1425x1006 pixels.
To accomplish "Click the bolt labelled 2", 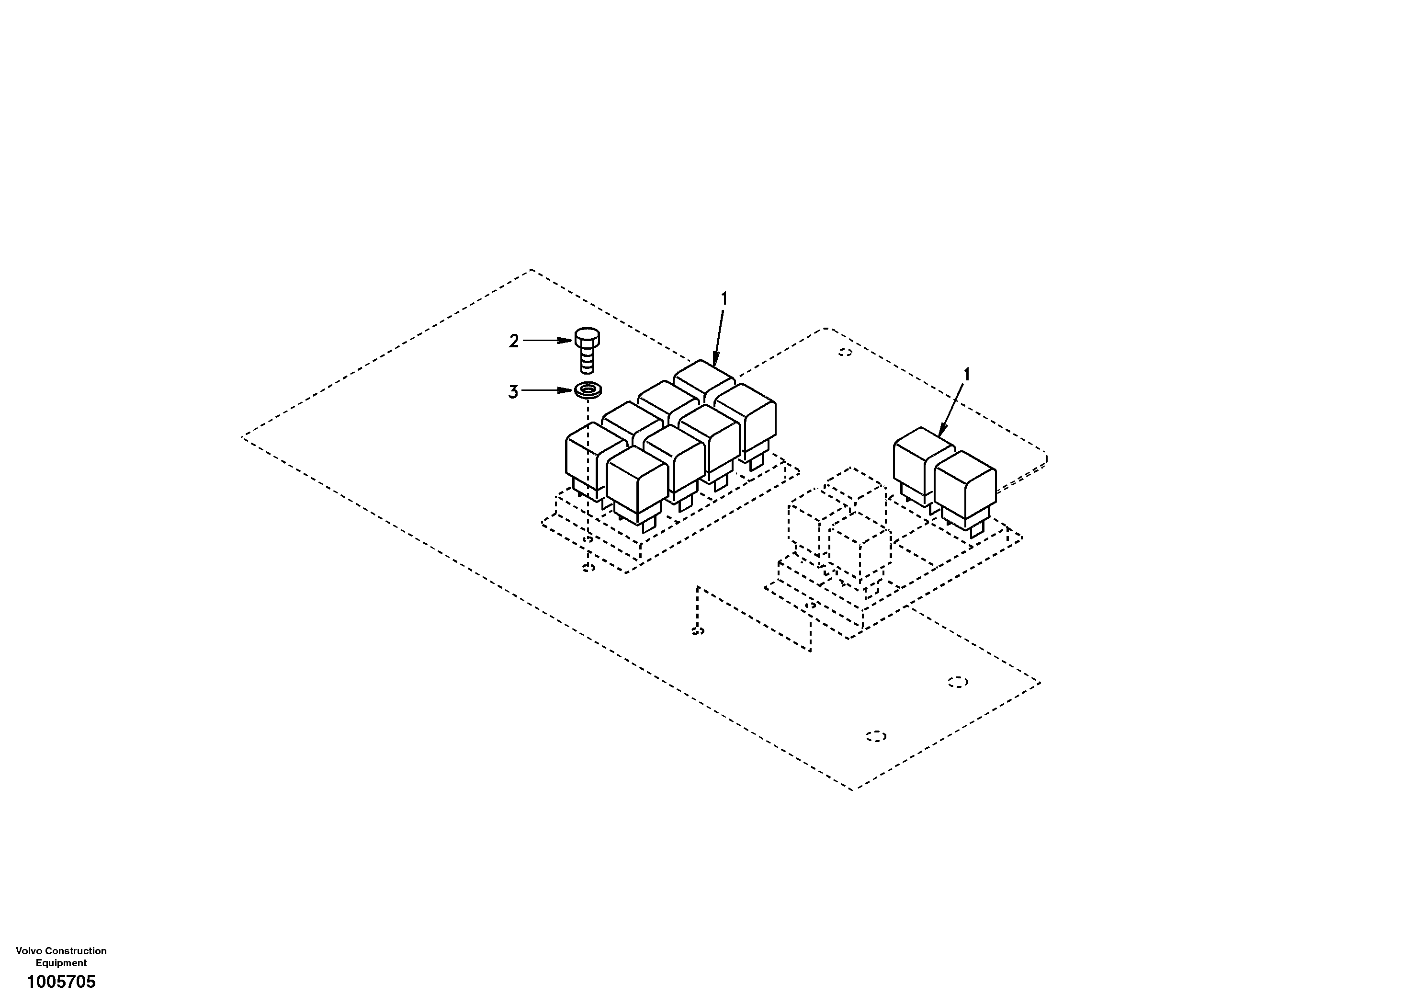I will click(x=587, y=350).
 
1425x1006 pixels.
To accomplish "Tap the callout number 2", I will click(x=514, y=341).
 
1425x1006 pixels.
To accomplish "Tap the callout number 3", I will click(x=513, y=392).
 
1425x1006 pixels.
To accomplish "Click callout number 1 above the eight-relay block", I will click(x=723, y=299).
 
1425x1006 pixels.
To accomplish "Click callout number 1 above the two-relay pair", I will click(x=966, y=375).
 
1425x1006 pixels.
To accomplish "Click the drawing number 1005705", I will click(x=61, y=982).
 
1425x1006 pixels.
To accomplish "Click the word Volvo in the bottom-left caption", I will click(x=29, y=951).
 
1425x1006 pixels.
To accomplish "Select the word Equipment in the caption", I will click(x=61, y=962).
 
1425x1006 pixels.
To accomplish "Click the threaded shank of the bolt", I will click(x=587, y=360).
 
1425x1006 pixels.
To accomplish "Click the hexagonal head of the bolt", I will click(x=587, y=337).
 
